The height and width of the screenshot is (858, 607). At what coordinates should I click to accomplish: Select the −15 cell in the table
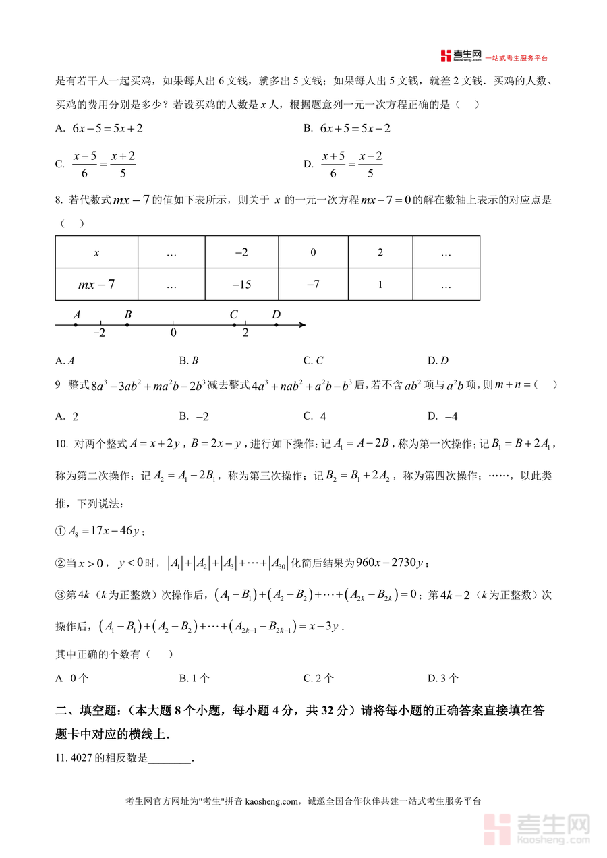click(x=241, y=285)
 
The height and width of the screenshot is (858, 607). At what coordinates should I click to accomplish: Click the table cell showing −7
click(x=313, y=285)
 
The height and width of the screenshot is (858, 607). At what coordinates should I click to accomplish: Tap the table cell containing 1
click(x=380, y=285)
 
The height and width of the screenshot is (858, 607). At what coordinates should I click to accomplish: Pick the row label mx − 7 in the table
click(x=96, y=285)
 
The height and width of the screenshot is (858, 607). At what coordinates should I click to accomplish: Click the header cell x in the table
click(x=96, y=252)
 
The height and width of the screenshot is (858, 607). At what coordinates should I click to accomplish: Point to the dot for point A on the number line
click(x=76, y=324)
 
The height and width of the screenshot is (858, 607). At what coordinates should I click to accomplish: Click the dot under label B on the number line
click(x=127, y=324)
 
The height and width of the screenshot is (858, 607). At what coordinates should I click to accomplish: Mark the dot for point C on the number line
click(x=234, y=324)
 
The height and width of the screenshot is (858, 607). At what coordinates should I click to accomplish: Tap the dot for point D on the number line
click(x=277, y=324)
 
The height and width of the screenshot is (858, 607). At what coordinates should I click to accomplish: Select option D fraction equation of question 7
click(x=352, y=164)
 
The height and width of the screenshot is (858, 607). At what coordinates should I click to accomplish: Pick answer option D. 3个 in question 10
click(x=443, y=678)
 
